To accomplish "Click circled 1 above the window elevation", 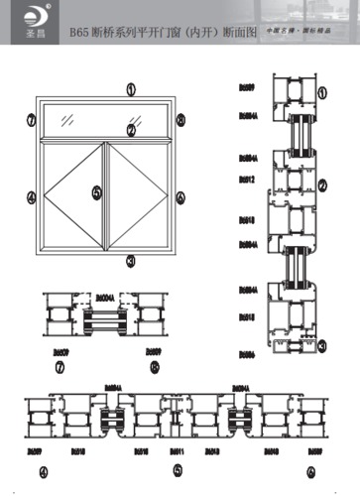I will (x=130, y=89).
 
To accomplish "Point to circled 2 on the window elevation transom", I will (x=130, y=129).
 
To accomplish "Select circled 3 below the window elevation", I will (x=130, y=262).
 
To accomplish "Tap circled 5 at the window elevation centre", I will (x=96, y=193).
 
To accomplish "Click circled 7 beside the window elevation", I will (x=31, y=120).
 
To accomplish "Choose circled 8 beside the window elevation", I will (x=180, y=120).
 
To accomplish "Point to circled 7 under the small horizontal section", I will (x=61, y=366).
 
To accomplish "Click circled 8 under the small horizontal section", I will (x=154, y=366).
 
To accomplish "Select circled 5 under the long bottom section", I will (x=177, y=470).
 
